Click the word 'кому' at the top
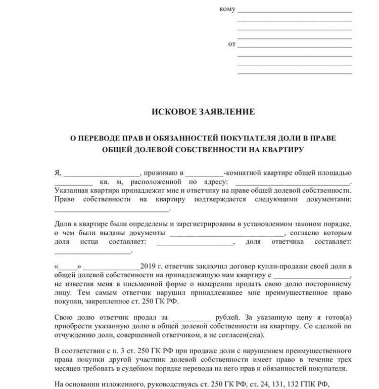click(227, 10)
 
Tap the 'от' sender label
click(232, 45)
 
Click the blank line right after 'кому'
click(295, 11)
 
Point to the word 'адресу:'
click(215, 182)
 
